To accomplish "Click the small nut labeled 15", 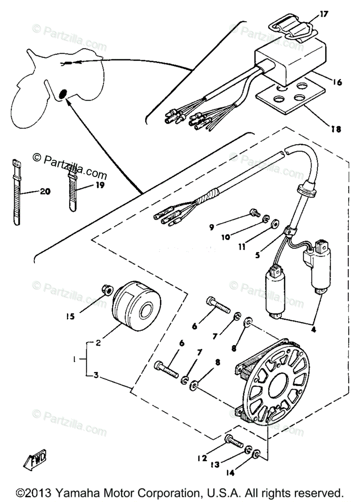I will coord(107,289).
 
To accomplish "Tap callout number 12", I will coord(202,458).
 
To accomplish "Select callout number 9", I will coord(212,227).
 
